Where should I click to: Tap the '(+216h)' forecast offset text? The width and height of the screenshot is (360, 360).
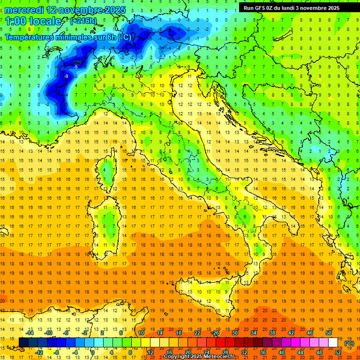coord(83,21)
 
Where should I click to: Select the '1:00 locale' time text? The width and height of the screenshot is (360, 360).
coord(33,21)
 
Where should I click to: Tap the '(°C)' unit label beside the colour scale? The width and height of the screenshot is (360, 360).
coord(349,343)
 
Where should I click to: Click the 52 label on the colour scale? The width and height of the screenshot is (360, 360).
coord(338,352)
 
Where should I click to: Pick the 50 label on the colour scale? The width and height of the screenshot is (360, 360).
coord(329,332)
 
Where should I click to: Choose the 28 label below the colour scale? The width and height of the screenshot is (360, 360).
coord(225,352)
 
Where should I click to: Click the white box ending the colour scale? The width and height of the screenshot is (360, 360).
coord(333,343)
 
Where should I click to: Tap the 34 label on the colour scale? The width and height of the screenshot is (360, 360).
coord(254,332)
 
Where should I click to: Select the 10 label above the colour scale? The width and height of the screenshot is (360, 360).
coord(141,332)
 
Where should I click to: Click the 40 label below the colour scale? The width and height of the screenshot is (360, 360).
coord(282,352)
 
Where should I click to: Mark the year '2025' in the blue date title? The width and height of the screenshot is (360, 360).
coord(107,10)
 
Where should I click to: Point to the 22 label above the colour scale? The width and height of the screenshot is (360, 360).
coord(197,332)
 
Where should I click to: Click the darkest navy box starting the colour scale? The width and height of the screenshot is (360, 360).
coord(24,343)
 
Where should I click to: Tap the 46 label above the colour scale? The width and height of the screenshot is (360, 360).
coord(310,332)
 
